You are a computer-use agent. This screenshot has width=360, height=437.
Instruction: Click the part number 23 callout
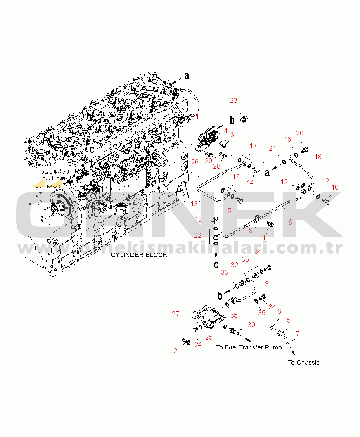click(234, 100)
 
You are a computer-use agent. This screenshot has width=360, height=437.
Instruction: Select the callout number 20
click(300, 133)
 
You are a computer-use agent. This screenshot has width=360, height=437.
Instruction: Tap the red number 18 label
click(318, 157)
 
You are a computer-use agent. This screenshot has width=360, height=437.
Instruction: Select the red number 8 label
click(290, 222)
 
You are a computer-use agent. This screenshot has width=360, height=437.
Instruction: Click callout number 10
click(334, 187)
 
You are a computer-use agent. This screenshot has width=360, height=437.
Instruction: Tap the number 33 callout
click(225, 272)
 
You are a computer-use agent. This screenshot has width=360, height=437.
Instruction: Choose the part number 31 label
click(269, 284)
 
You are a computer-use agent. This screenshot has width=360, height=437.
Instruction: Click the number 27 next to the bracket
click(175, 314)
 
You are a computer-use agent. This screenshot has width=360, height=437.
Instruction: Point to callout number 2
click(175, 351)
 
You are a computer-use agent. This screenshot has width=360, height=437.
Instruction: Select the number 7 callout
click(298, 333)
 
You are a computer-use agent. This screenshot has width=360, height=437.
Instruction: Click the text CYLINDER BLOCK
click(139, 255)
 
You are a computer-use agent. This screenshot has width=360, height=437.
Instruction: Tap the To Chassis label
click(303, 363)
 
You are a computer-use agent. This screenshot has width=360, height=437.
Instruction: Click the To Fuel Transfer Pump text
click(249, 347)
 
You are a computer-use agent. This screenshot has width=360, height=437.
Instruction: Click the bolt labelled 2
click(185, 342)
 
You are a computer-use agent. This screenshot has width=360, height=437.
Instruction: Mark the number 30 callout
click(251, 325)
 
